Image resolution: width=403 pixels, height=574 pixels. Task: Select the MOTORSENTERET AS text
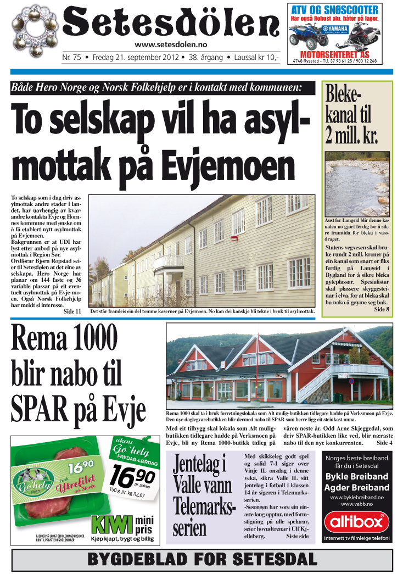click(x=334, y=54)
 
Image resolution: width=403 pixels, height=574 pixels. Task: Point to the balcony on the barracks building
click(x=168, y=262)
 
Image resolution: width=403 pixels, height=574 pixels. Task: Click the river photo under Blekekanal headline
click(x=357, y=183)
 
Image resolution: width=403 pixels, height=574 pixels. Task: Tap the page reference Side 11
click(x=72, y=311)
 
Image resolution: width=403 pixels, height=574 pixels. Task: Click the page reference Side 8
click(x=380, y=310)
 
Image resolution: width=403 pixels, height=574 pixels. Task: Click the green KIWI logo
click(x=112, y=524)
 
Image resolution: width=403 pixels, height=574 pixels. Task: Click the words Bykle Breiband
click(x=356, y=476)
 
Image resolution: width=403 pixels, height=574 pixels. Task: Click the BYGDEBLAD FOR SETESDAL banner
click(x=202, y=560)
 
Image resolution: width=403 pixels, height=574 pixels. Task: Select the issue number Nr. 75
click(x=72, y=57)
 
